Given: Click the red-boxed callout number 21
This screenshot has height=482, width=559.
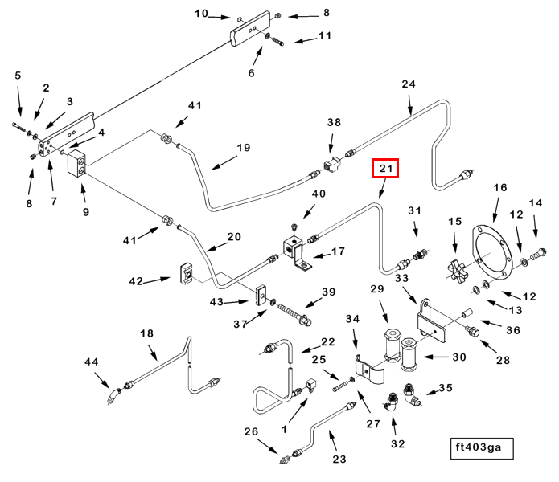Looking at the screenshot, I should pyautogui.click(x=384, y=169).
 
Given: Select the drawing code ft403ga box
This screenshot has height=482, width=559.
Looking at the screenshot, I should pyautogui.click(x=482, y=447).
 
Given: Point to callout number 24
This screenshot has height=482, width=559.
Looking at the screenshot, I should pyautogui.click(x=409, y=84).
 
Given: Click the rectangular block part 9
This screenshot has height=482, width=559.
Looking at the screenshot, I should pyautogui.click(x=77, y=165).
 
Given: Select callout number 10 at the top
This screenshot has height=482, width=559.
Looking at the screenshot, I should pyautogui.click(x=201, y=13).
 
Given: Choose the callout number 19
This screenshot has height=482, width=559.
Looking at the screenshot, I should pyautogui.click(x=244, y=147).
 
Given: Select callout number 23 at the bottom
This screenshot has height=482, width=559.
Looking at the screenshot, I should pyautogui.click(x=339, y=460).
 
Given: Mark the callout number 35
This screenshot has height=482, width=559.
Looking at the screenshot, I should pyautogui.click(x=445, y=387).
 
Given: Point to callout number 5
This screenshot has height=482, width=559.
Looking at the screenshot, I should pyautogui.click(x=18, y=76).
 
